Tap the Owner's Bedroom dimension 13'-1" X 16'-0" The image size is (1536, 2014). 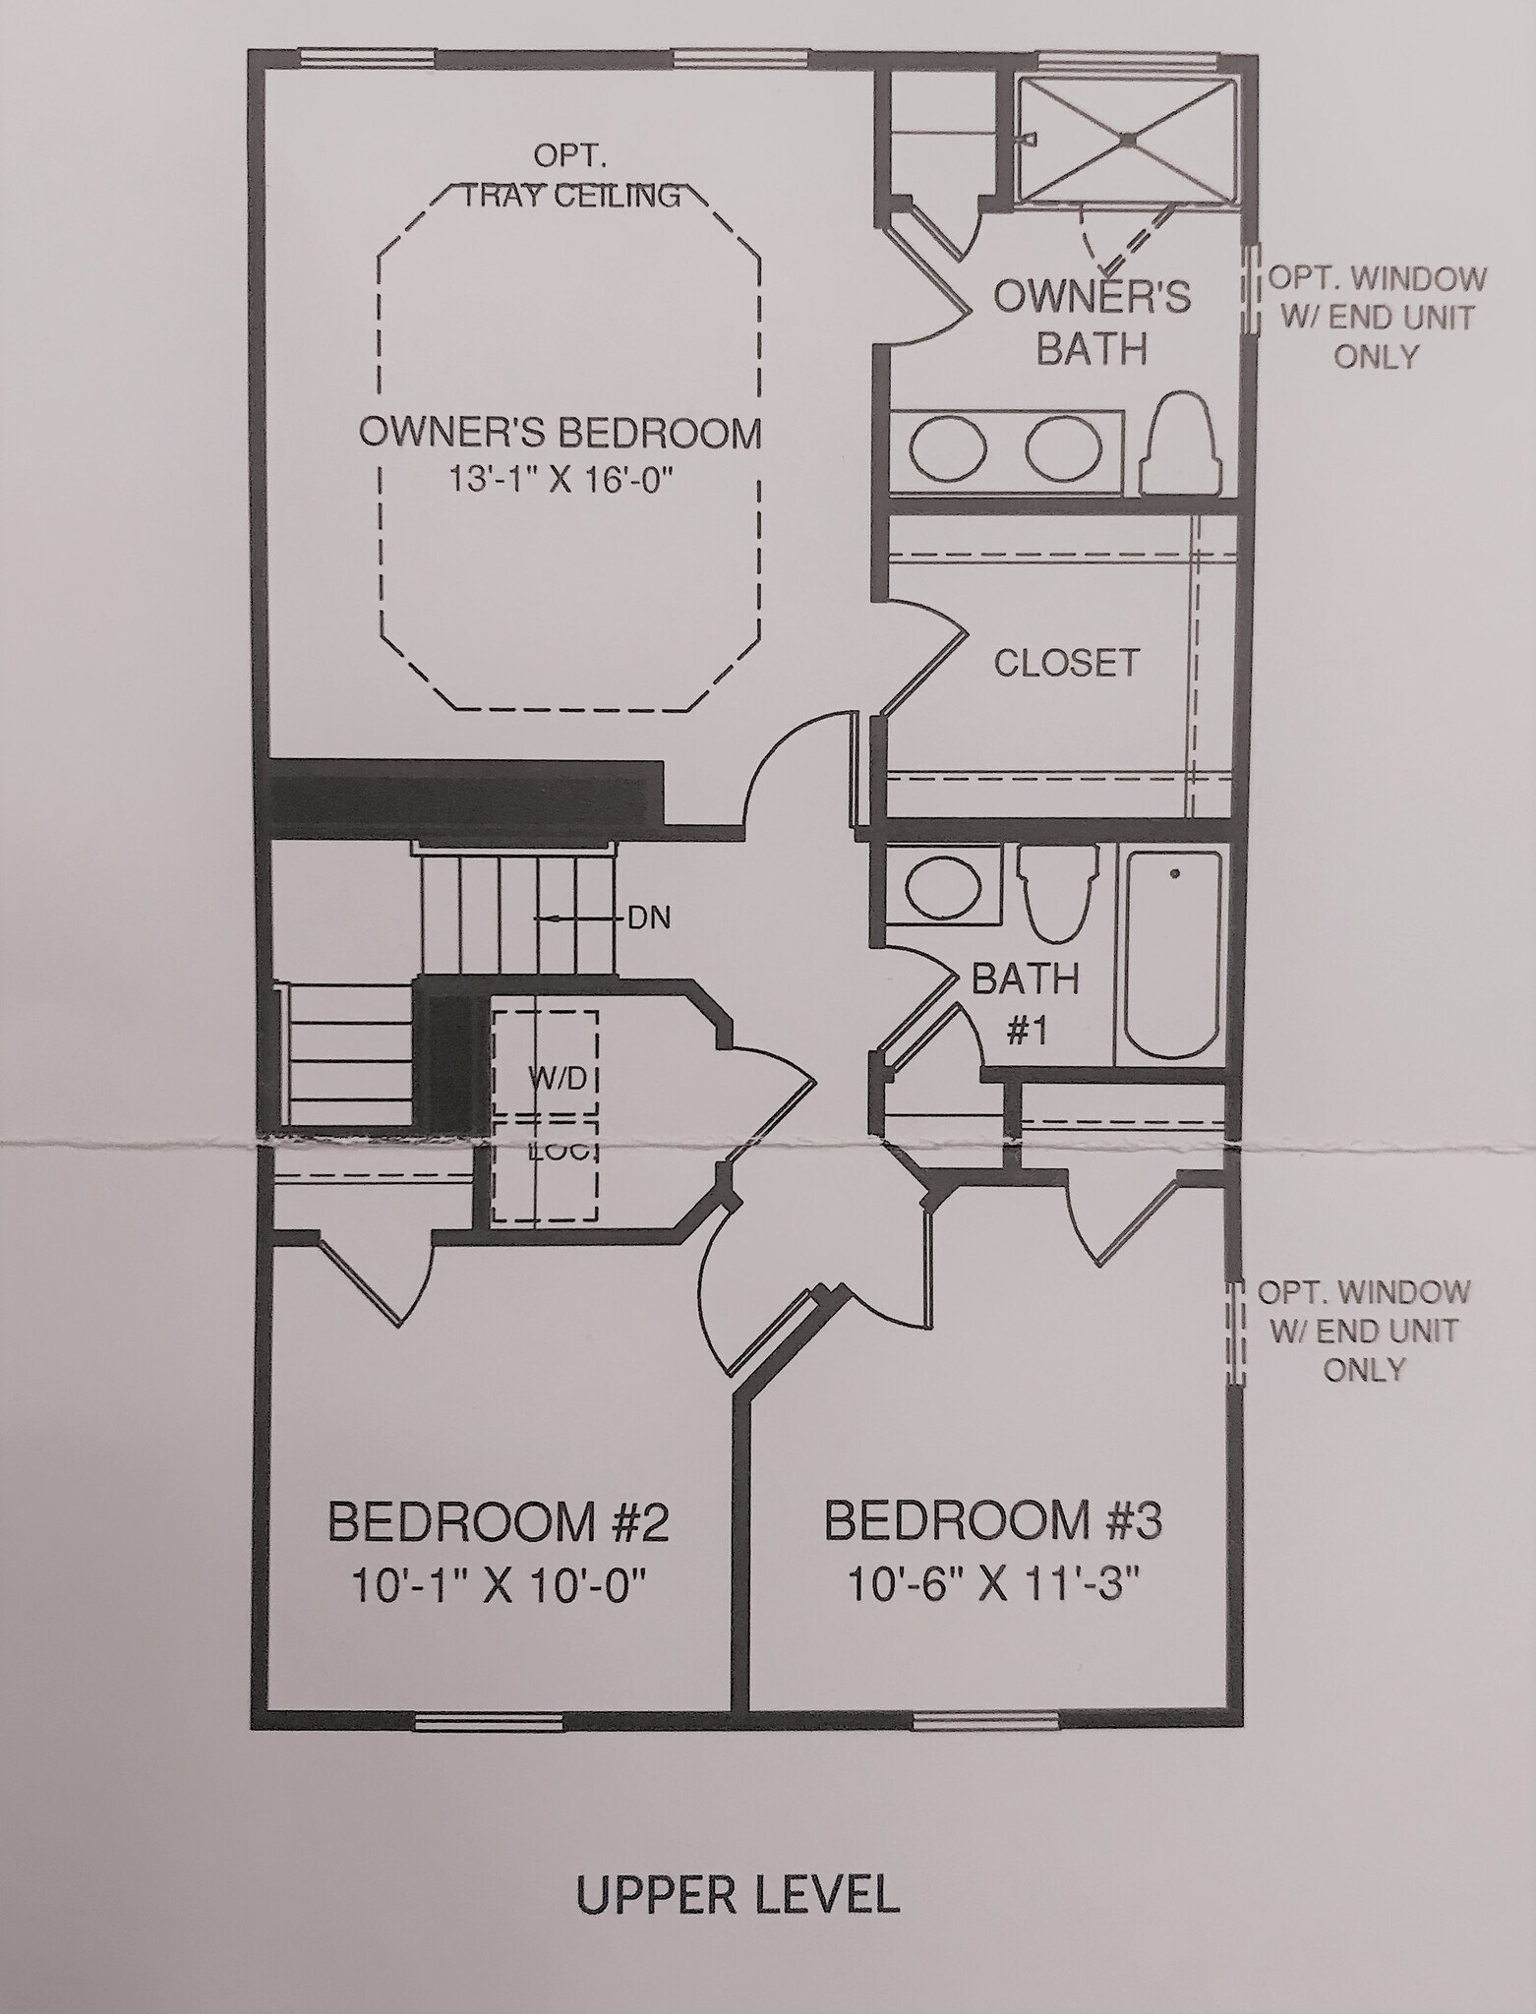click(x=561, y=481)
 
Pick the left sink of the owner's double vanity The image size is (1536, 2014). click(x=948, y=449)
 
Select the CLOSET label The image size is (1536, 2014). click(x=1066, y=663)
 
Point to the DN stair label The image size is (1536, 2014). click(x=649, y=918)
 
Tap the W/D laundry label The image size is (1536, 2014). click(x=559, y=1079)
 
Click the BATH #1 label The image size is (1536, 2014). click(x=1026, y=1004)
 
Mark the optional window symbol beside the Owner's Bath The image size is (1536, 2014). click(x=1251, y=290)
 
